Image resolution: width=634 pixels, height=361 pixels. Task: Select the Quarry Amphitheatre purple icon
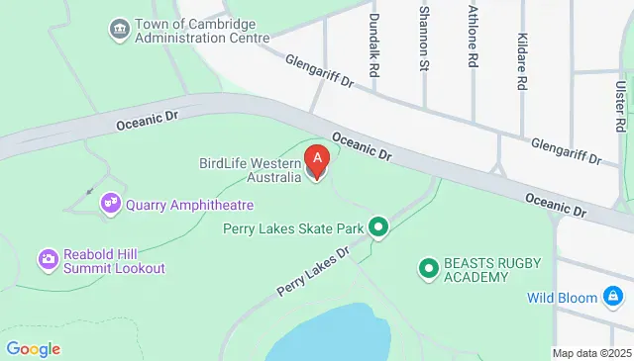click(110, 204)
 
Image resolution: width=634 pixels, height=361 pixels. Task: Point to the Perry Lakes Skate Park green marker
click(377, 228)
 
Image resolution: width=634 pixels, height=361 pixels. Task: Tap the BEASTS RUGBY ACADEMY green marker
click(428, 267)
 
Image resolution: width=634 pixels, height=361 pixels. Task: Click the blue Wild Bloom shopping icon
click(614, 297)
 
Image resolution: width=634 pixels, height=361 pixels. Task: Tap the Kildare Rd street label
click(520, 62)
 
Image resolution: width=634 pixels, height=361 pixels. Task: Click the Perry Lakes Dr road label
click(315, 269)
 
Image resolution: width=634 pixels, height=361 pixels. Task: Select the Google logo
click(33, 348)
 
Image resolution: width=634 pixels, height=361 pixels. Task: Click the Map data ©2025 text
click(591, 353)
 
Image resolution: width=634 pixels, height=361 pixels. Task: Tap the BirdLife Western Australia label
click(250, 170)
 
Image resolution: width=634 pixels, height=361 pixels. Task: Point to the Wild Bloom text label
click(562, 297)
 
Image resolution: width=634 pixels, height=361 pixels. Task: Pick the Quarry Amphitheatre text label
click(189, 205)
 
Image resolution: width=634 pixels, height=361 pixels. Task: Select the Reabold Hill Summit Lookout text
click(114, 260)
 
